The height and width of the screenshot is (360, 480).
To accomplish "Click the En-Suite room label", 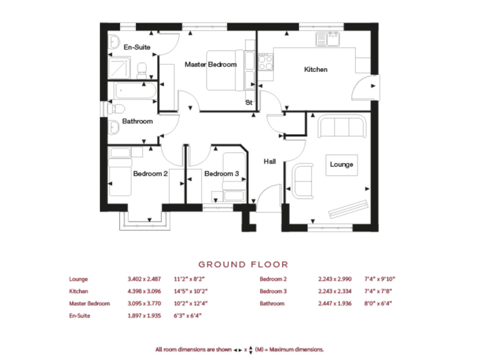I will click(x=136, y=47).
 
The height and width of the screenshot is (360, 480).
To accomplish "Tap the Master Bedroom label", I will click(x=210, y=64).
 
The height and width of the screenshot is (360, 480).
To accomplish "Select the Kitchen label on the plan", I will click(x=316, y=69).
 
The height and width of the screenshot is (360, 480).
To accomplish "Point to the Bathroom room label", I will click(x=137, y=121).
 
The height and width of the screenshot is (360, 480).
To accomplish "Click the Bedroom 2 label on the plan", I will click(x=150, y=174).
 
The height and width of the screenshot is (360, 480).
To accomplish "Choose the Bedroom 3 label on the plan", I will click(x=221, y=174).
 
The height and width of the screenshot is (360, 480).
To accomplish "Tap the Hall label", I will click(x=269, y=161).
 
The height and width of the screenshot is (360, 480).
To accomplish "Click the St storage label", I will click(x=248, y=102).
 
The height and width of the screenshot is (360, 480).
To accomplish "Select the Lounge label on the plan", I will click(x=342, y=164).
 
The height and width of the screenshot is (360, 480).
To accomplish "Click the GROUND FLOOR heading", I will click(x=243, y=264).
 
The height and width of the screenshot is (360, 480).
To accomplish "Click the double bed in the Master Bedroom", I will click(x=219, y=69).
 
